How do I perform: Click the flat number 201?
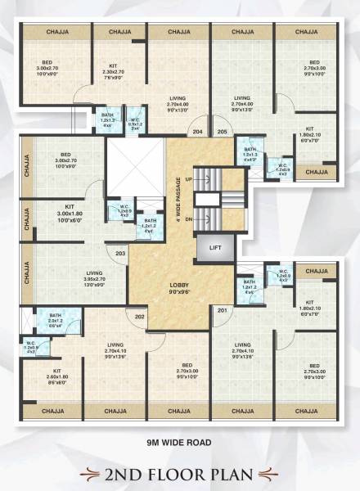223,309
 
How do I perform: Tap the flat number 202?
139,317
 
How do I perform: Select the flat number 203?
120,254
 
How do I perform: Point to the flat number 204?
197,131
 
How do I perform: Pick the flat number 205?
222,131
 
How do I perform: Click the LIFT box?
215,246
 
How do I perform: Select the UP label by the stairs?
190,178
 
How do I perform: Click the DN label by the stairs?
190,219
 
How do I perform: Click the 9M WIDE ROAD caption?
179,443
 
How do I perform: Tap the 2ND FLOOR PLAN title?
180,473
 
